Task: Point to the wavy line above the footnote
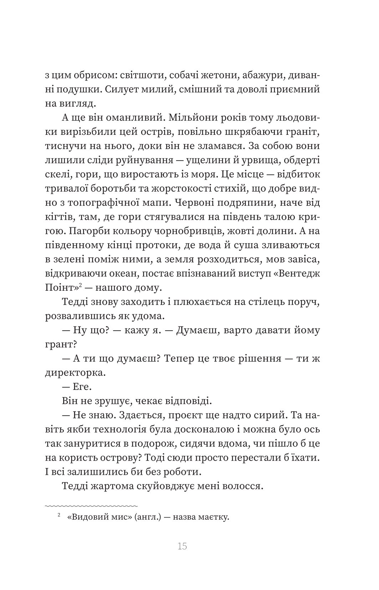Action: point(91,506)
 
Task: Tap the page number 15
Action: point(182,546)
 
